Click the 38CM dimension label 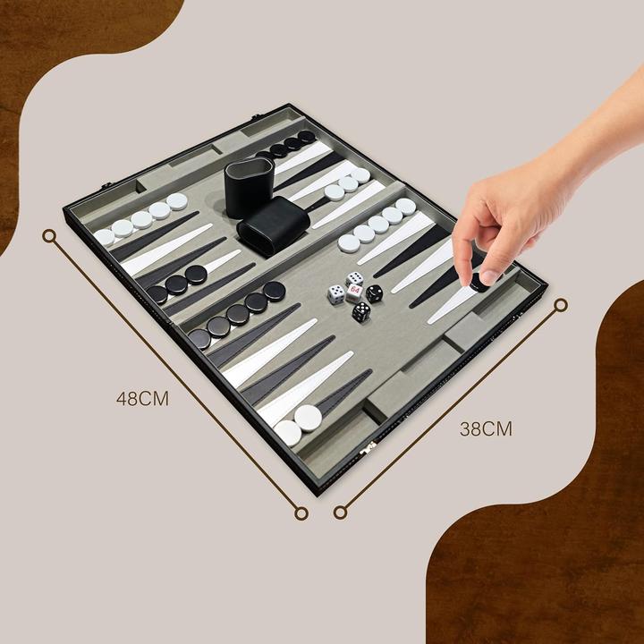(x=486, y=428)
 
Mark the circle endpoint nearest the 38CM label (x=340, y=513)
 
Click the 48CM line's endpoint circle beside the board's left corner (x=49, y=235)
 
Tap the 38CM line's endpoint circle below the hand (x=561, y=305)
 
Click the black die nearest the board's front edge (x=360, y=312)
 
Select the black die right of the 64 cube (x=374, y=292)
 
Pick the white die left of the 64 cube (x=335, y=294)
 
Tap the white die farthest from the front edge (x=355, y=278)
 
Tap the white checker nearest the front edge (x=288, y=434)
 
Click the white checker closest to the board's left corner (x=105, y=238)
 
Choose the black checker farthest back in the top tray (x=307, y=137)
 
